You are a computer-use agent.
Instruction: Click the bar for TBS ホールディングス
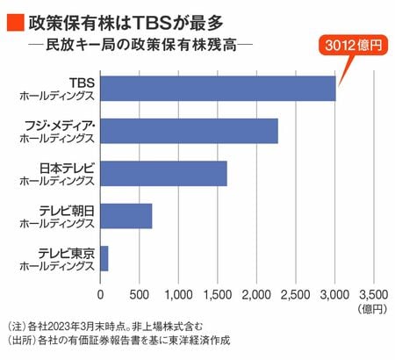click(x=218, y=89)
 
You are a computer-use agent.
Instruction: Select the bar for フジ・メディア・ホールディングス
click(x=189, y=131)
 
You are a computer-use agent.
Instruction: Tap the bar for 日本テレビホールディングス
click(x=163, y=174)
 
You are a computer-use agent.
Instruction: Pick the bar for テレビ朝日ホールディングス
click(x=126, y=216)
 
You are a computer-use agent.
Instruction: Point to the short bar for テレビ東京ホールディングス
click(x=104, y=258)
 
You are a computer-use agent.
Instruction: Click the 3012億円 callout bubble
click(x=354, y=46)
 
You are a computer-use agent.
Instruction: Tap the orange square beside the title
click(x=16, y=23)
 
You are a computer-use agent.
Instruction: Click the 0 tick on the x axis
click(x=100, y=295)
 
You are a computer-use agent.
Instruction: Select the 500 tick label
click(x=140, y=295)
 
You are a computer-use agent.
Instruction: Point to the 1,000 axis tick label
click(x=178, y=295)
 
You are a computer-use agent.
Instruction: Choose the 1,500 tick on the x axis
click(x=218, y=295)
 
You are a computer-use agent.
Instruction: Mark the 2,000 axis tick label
click(x=256, y=295)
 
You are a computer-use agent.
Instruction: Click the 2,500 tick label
click(x=296, y=295)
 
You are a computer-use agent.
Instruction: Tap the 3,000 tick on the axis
click(x=334, y=295)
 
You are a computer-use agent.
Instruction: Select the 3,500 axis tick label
click(x=374, y=295)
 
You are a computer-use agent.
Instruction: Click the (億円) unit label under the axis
click(x=372, y=309)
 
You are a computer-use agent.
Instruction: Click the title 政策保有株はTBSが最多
click(x=126, y=23)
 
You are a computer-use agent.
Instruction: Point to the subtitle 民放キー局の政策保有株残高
click(x=141, y=46)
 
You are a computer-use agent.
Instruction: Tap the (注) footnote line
click(x=105, y=327)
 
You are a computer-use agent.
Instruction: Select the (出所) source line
click(x=118, y=340)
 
